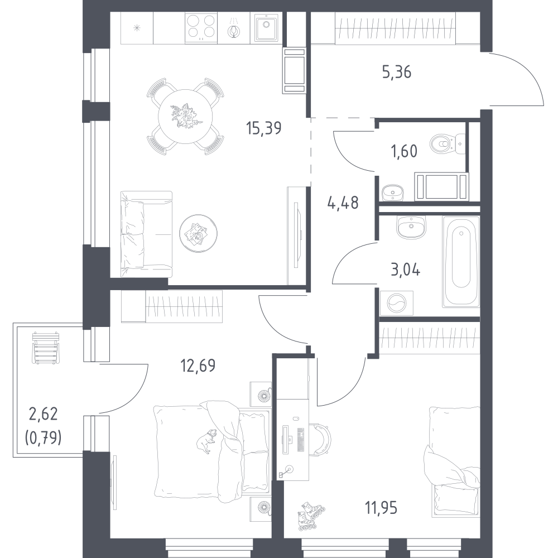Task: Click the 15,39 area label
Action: pyautogui.click(x=264, y=128)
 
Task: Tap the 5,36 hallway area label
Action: pyautogui.click(x=396, y=72)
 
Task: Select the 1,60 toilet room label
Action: pyautogui.click(x=404, y=151)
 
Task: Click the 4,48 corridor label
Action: pyautogui.click(x=343, y=203)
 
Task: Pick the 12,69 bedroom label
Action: pyautogui.click(x=198, y=365)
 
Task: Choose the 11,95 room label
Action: pyautogui.click(x=381, y=508)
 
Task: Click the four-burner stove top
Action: pyautogui.click(x=201, y=28)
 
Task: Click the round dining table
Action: pyautogui.click(x=185, y=117)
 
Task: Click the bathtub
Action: pyautogui.click(x=461, y=262)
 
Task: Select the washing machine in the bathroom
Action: pyautogui.click(x=396, y=303)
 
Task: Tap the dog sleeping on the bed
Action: pyautogui.click(x=206, y=441)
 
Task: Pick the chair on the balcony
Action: pyautogui.click(x=46, y=348)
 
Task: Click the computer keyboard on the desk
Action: pyautogui.click(x=301, y=440)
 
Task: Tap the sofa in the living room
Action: pyautogui.click(x=146, y=234)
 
